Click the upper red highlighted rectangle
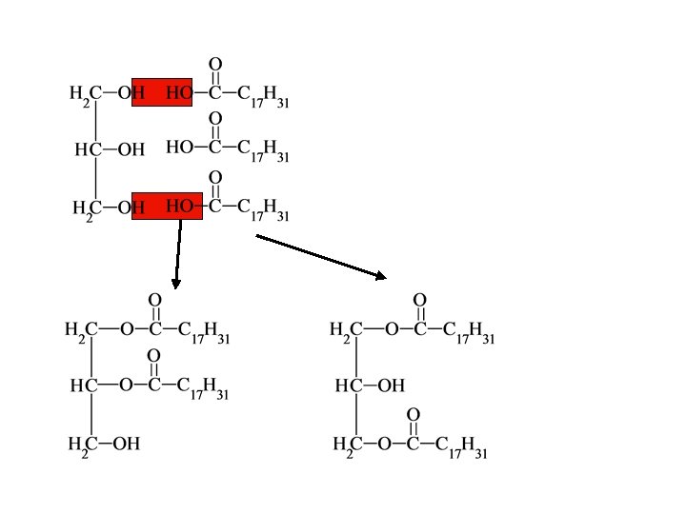coord(166,91)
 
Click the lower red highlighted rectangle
coord(166,206)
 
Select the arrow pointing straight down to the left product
coord(177,252)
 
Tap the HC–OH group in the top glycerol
coord(110,149)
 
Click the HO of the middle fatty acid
coord(179,148)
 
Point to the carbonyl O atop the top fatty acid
coord(215,65)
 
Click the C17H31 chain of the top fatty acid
coord(263,95)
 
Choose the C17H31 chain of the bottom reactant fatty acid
coord(263,208)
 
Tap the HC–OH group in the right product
coord(370,385)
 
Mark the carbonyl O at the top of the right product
coord(419,301)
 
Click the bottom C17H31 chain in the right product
coord(461,446)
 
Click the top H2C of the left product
coord(81,331)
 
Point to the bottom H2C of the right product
coord(347,445)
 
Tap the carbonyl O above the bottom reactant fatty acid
coord(215,177)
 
